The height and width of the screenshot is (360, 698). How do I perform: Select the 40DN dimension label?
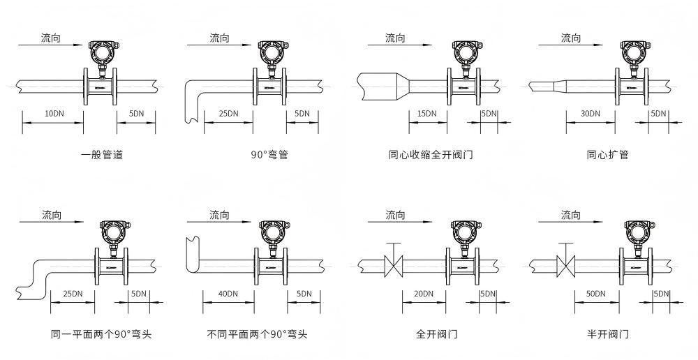coord(228,294)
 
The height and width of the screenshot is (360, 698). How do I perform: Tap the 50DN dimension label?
coord(595,294)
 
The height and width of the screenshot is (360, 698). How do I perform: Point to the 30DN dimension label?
coord(591,113)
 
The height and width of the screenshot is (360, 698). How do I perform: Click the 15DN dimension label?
coord(426,113)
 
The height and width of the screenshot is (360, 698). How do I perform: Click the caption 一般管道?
coord(102,155)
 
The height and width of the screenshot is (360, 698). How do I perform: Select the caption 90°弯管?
coord(269,155)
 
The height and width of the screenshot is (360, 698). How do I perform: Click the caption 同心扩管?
coord(607,155)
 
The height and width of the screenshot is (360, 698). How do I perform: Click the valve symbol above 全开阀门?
coord(394,264)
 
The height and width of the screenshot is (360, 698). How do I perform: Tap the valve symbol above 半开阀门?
coord(565,264)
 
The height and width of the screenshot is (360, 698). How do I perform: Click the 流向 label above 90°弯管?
coord(220,38)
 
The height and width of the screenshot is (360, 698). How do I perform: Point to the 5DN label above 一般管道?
coord(137,113)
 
